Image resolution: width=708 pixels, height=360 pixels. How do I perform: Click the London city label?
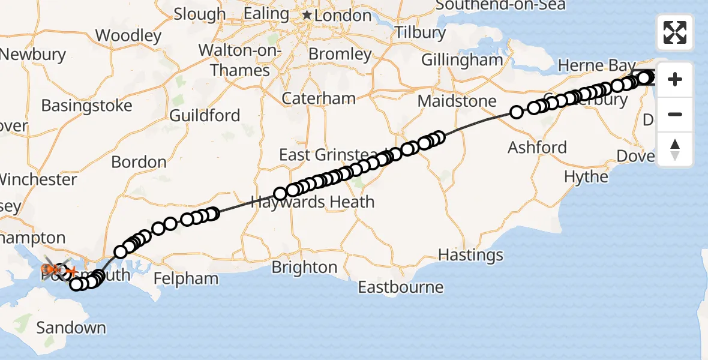click(343, 16)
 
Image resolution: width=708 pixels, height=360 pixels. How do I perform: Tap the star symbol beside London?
click(307, 14)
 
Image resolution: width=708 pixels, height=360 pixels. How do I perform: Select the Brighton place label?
click(304, 267)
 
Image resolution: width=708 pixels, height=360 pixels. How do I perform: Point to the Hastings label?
click(470, 255)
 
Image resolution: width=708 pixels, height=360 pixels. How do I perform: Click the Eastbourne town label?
click(400, 287)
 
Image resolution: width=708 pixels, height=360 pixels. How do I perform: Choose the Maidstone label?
click(457, 101)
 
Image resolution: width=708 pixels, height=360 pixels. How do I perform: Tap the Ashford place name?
click(537, 147)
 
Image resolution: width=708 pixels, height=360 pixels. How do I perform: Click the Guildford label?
click(205, 115)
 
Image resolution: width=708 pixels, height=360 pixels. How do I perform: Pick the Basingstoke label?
click(86, 106)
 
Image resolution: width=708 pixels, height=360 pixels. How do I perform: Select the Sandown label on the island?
click(71, 328)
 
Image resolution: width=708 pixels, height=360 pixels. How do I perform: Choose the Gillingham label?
click(461, 60)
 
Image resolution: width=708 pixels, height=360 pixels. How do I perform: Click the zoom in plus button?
click(675, 79)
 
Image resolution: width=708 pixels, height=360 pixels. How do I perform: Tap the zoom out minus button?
click(675, 114)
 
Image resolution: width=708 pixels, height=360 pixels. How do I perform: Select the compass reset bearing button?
click(675, 149)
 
